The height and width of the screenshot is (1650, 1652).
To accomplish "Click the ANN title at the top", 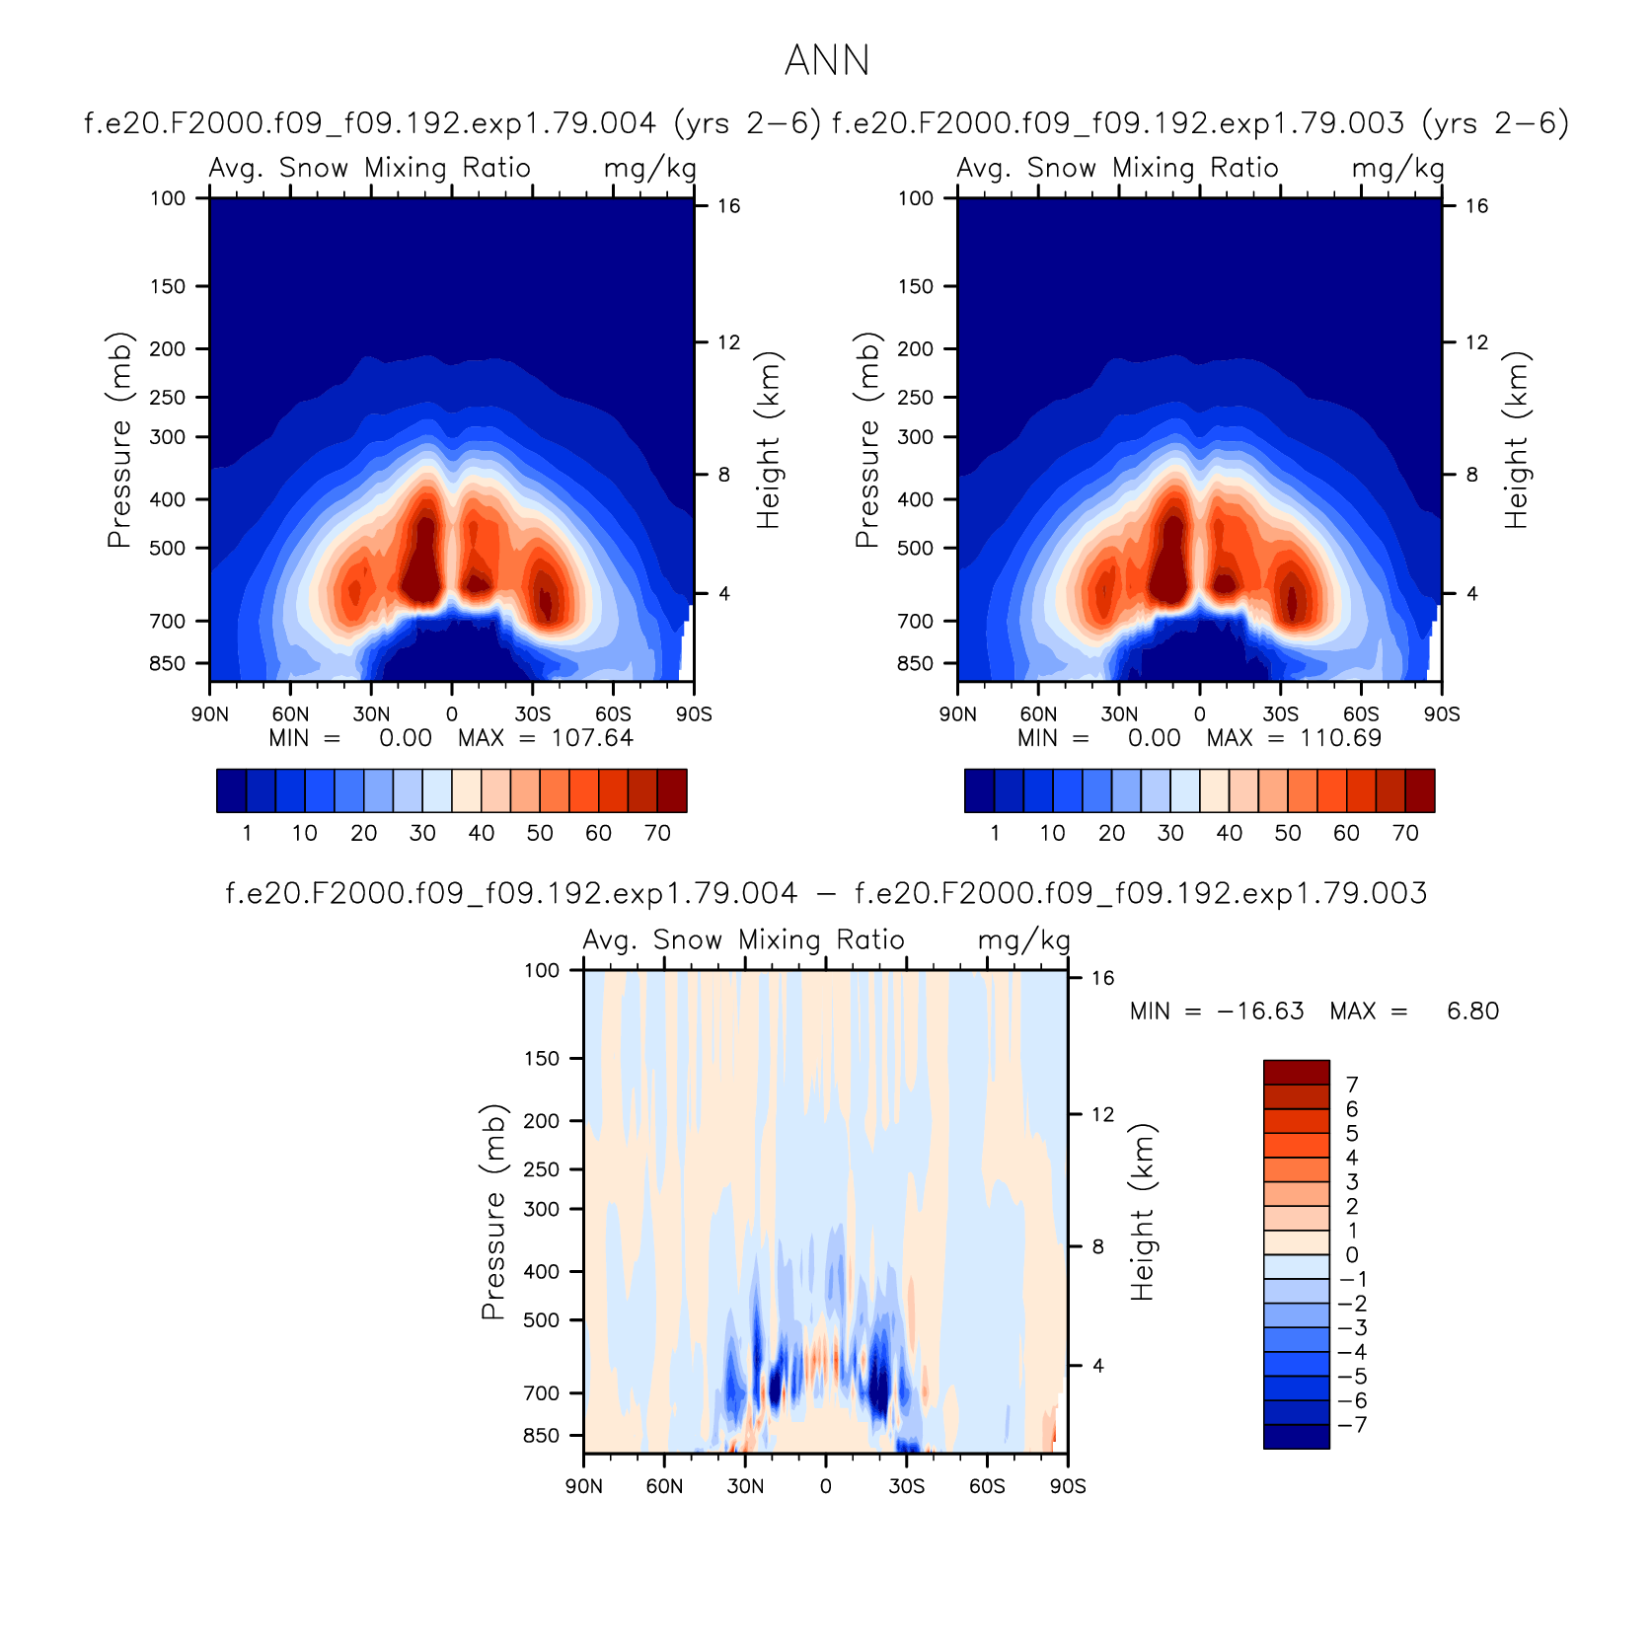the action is [x=827, y=61].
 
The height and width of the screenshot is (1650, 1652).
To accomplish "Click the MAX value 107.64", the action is [x=592, y=738].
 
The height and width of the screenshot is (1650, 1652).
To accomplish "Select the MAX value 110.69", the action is [x=1341, y=738].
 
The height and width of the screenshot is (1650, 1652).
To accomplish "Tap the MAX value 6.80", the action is [x=1472, y=1012].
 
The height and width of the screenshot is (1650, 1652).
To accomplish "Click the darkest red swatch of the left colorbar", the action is [x=672, y=790].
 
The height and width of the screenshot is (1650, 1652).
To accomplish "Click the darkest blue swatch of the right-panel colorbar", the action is [x=979, y=790].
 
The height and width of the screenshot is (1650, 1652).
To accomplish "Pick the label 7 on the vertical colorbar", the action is [x=1352, y=1085].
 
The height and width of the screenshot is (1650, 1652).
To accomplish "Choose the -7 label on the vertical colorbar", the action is [x=1352, y=1425].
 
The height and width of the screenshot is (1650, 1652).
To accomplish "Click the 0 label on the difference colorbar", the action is [x=1352, y=1255].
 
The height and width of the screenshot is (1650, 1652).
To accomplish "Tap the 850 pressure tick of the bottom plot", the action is [x=541, y=1436].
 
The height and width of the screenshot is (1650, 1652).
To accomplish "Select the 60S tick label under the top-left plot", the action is [x=613, y=714].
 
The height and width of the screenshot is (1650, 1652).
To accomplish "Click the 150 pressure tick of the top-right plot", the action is [x=915, y=286].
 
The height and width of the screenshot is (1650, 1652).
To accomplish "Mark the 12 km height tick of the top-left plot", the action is [x=728, y=342].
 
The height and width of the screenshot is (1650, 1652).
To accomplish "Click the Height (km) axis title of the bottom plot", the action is [x=1142, y=1212].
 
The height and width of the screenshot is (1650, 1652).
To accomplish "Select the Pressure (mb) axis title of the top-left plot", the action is [x=119, y=440].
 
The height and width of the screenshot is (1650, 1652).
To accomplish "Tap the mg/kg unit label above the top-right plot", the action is [x=1397, y=169].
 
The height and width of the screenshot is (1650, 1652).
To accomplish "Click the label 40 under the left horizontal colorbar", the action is [x=482, y=833].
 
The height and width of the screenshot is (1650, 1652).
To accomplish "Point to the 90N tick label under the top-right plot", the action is [x=957, y=714].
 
